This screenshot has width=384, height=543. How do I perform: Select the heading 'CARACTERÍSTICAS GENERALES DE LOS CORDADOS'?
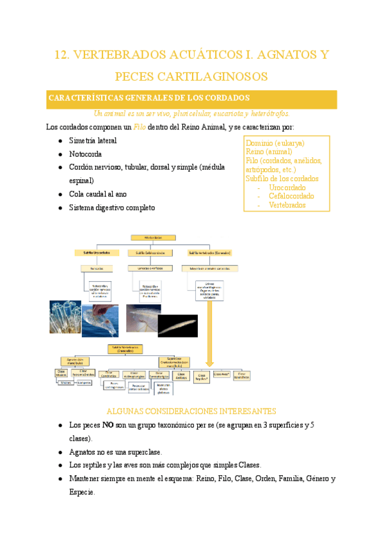(148, 98)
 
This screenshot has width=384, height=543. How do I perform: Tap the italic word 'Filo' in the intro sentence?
(139, 127)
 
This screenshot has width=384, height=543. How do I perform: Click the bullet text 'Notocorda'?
(85, 154)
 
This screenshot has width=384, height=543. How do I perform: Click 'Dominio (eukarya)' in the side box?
(275, 143)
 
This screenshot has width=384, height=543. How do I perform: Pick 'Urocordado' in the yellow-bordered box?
(288, 188)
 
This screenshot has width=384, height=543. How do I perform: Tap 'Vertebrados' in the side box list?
(287, 205)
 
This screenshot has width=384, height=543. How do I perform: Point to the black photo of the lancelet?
(177, 325)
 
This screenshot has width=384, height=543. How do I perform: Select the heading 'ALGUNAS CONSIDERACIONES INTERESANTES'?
(191, 410)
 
